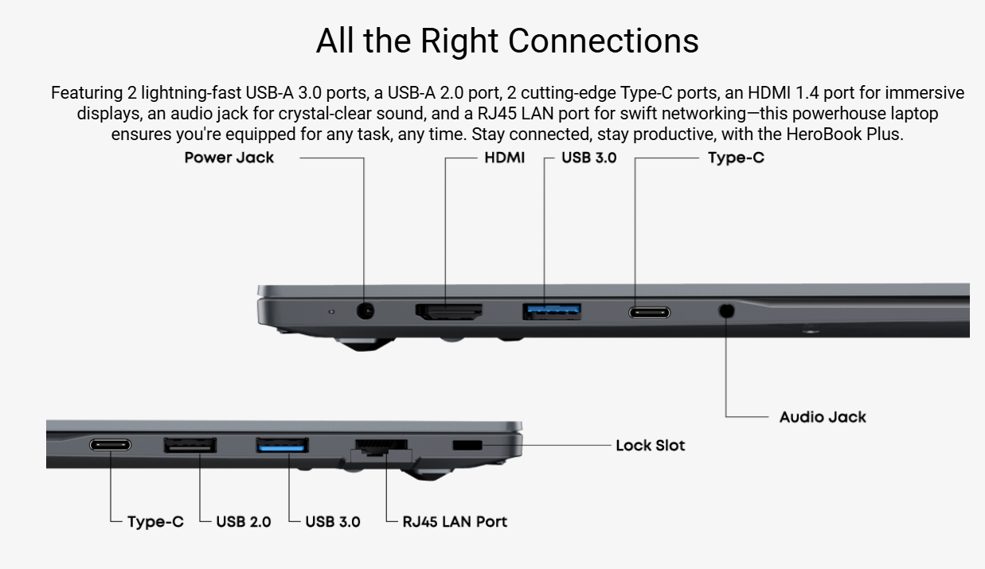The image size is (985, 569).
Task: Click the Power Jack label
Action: [229, 158]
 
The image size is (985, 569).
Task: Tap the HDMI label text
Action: [505, 158]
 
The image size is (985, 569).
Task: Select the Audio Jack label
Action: [823, 417]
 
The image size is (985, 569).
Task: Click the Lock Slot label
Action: [650, 446]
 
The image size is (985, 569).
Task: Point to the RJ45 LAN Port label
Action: [455, 522]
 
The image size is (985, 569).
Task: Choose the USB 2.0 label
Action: [244, 522]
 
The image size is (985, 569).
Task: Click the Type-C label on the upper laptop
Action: [736, 158]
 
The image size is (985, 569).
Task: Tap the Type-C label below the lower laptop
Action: [155, 522]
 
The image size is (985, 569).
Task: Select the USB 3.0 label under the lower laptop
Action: [333, 522]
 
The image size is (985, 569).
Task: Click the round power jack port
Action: [365, 311]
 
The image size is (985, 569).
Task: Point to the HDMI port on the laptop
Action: [448, 311]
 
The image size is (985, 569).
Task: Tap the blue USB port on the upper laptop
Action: [551, 310]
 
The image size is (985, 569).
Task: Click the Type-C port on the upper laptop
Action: [649, 312]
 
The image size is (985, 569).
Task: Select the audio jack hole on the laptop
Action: [725, 311]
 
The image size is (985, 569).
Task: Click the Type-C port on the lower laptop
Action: [110, 444]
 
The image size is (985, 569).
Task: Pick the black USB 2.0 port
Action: [190, 444]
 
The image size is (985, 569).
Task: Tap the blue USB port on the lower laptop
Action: [282, 444]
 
